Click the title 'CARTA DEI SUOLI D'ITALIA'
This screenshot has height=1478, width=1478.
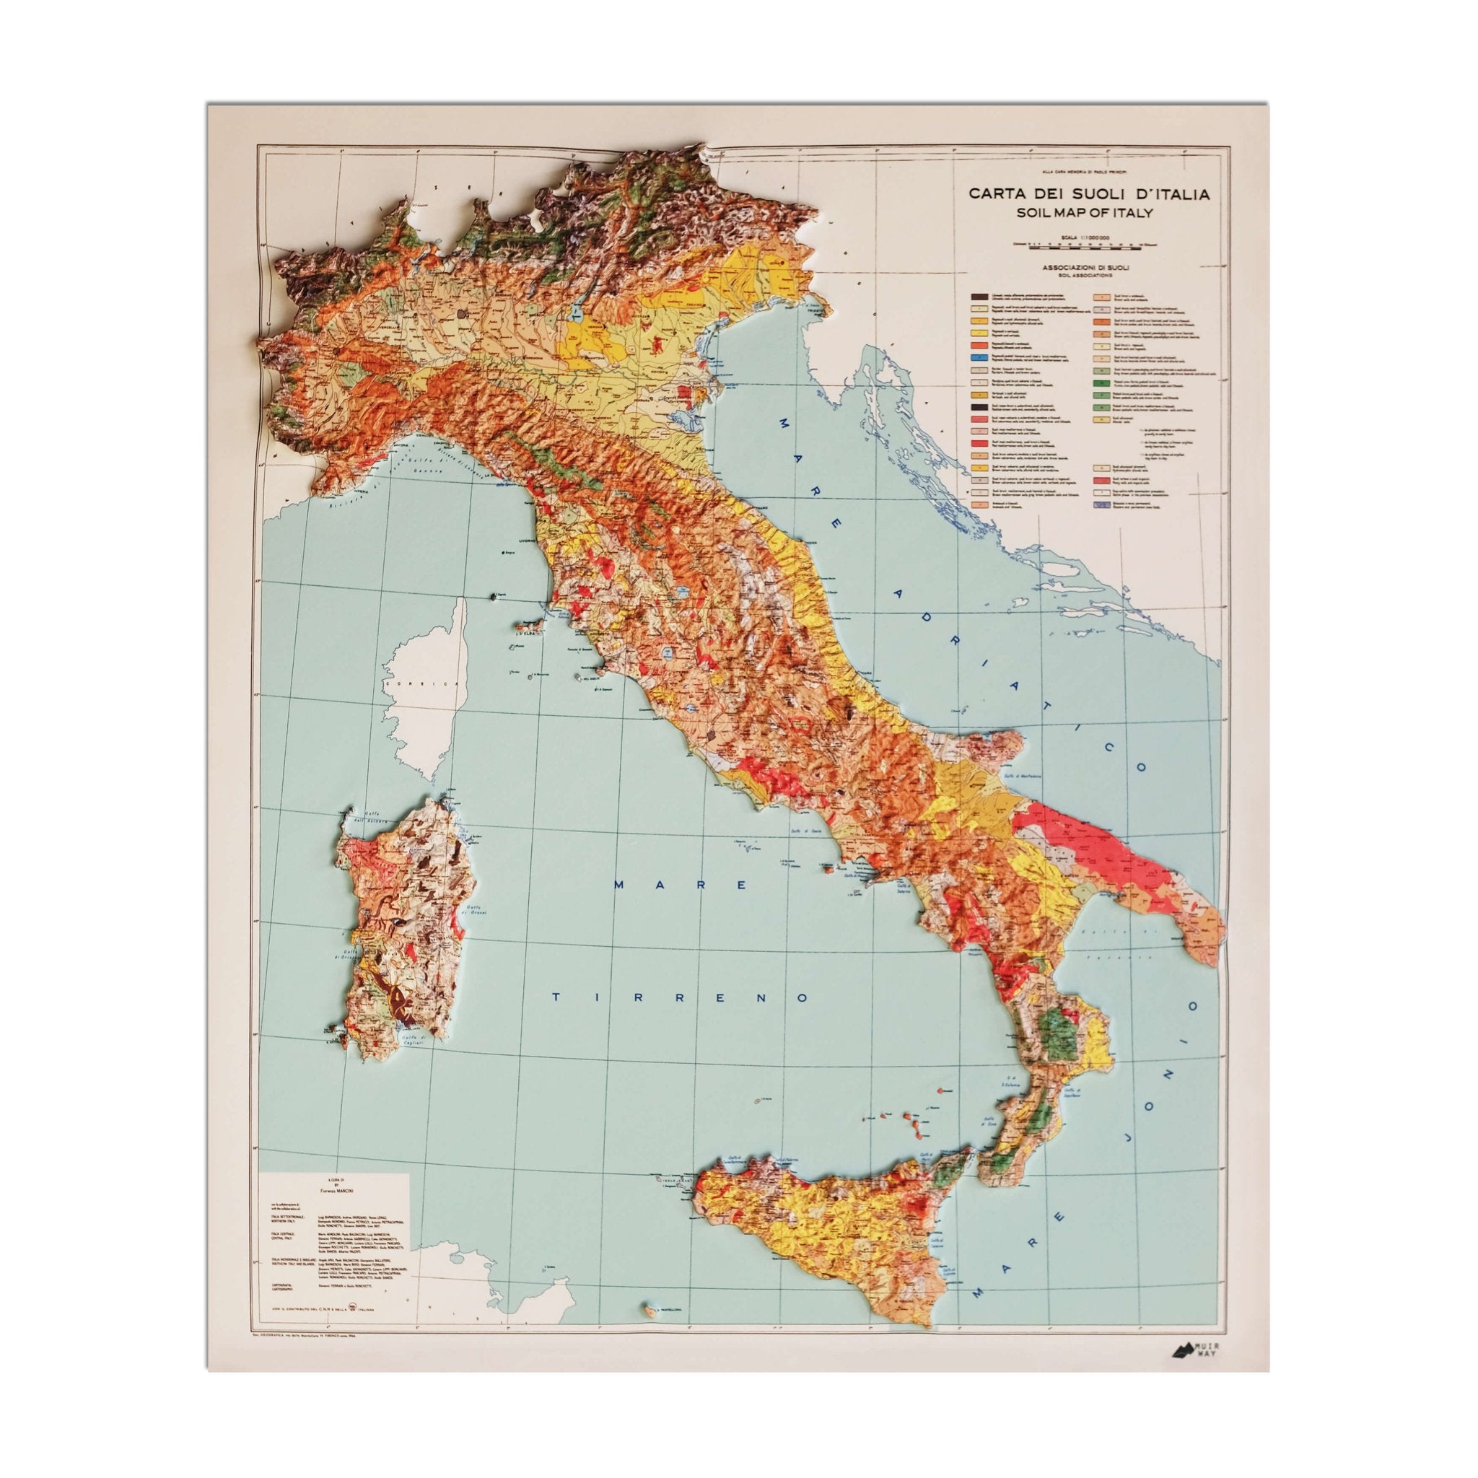point(1089,194)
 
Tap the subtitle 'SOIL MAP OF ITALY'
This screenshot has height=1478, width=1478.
point(1089,214)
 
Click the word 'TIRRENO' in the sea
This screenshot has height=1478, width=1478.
point(681,997)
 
